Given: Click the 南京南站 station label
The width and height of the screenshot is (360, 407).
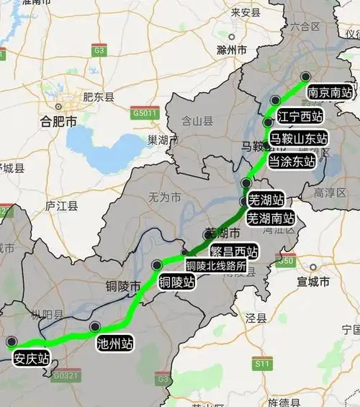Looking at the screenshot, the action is click(330, 93).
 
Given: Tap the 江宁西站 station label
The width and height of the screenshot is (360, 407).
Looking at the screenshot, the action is click(298, 115).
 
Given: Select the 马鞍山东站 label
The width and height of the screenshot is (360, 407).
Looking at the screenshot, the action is click(298, 138).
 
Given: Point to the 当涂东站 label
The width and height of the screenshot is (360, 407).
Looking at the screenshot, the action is click(292, 161).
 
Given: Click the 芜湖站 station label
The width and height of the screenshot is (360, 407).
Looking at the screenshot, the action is click(266, 198).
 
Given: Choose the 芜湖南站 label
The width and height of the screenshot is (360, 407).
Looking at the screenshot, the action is click(271, 217).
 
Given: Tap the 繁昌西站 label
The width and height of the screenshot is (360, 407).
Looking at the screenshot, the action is click(233, 251).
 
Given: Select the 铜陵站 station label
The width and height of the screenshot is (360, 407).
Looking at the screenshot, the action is click(176, 281).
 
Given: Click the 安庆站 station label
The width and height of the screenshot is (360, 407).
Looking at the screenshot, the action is click(32, 358).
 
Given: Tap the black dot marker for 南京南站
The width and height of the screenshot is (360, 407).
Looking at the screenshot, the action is click(305, 76).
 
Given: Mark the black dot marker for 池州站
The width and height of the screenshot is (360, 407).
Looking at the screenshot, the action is click(95, 327).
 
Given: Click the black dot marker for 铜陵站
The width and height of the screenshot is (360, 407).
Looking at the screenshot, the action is click(157, 265).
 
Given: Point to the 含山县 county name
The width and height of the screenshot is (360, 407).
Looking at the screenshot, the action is click(197, 121).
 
